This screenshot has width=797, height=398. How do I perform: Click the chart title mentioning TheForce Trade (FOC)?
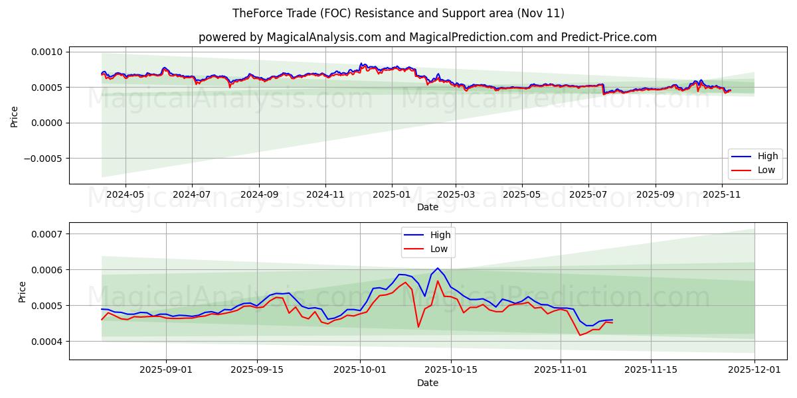398,13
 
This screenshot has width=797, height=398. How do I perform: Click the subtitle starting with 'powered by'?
427,37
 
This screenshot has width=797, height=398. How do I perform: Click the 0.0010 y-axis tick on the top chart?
46,52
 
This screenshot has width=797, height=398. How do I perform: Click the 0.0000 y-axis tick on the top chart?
46,123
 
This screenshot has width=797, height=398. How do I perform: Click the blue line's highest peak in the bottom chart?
438,268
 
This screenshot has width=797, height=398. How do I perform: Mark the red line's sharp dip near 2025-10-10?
418,326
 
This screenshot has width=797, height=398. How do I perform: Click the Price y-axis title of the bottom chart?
23,291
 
